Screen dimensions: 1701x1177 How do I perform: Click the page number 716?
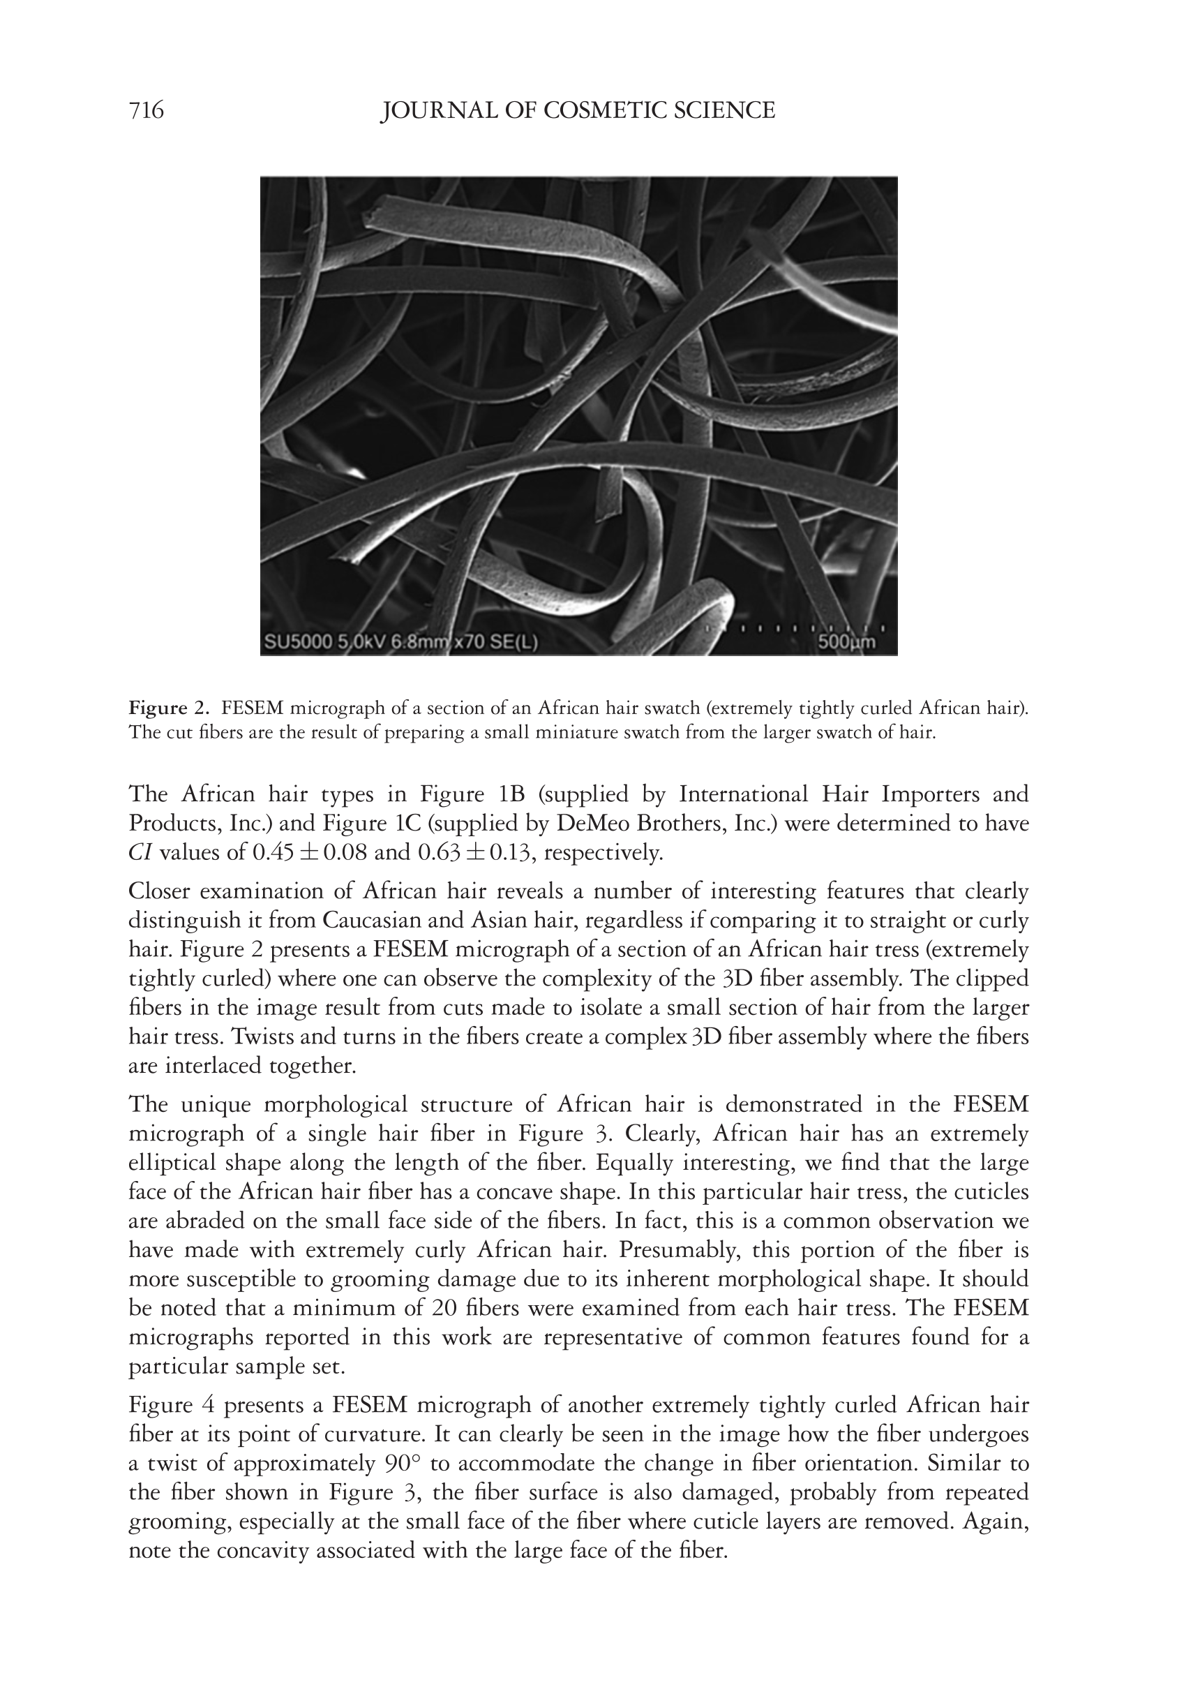[146, 111]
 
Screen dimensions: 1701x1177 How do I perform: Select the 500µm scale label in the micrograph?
[846, 641]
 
